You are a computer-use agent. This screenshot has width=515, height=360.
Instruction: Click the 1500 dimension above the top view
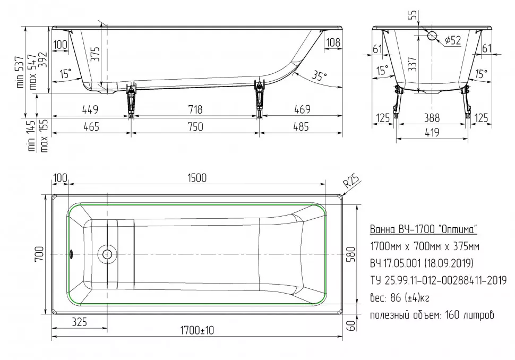197,178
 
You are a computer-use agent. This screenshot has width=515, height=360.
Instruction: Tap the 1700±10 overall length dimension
197,330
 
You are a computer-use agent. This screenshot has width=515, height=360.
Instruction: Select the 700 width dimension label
39,254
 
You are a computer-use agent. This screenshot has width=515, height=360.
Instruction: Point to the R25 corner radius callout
352,181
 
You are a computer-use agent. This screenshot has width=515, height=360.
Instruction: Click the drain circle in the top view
107,254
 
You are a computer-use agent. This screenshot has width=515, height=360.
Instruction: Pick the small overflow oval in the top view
71,254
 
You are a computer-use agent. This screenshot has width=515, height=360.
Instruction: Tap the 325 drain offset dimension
79,322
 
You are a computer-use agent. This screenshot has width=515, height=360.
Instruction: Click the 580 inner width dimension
351,254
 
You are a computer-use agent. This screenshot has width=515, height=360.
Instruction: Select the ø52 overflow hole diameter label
453,40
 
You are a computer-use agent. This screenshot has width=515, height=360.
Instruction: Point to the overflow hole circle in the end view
432,36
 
